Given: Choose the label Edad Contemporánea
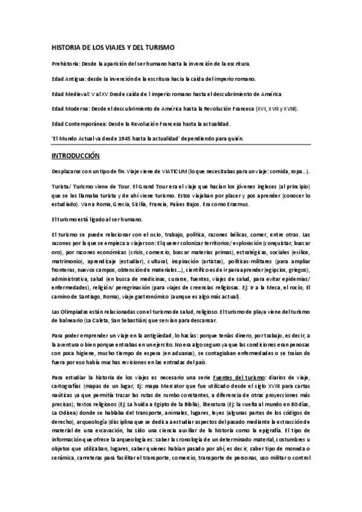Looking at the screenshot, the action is tap(77, 124).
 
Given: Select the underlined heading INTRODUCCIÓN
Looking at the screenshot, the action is tap(75, 156).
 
